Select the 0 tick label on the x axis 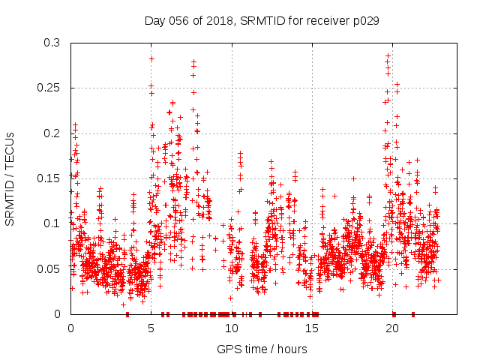(x=70, y=328)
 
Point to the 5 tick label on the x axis (x=151, y=328)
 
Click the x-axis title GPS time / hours (x=262, y=349)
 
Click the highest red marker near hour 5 (x=151, y=58)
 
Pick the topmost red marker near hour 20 (x=388, y=55)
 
